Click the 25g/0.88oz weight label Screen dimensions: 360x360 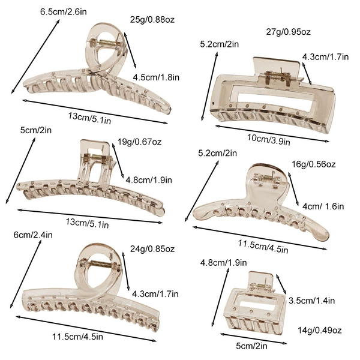coord(152,20)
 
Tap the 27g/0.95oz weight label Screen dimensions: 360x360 coord(289,32)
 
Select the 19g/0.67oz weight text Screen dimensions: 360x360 coord(140,142)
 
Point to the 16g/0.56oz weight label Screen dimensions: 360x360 coord(314,164)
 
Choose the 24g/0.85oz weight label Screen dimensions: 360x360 coord(152,248)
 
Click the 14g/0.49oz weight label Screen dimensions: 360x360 coord(320,330)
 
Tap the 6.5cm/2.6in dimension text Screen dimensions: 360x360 coord(64,12)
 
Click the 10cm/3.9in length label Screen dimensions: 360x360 coord(269,139)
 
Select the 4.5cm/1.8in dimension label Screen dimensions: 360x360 coord(156,77)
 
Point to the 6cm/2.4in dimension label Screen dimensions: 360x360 coord(33,235)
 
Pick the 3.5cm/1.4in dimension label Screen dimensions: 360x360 coord(312,301)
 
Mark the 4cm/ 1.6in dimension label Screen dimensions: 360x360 coord(323,206)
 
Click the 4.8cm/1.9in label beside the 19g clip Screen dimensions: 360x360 coord(149,180)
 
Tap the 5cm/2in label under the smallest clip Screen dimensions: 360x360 coord(251,346)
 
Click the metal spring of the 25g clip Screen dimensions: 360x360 coord(107,43)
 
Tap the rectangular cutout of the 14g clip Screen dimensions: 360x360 coord(257,303)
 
